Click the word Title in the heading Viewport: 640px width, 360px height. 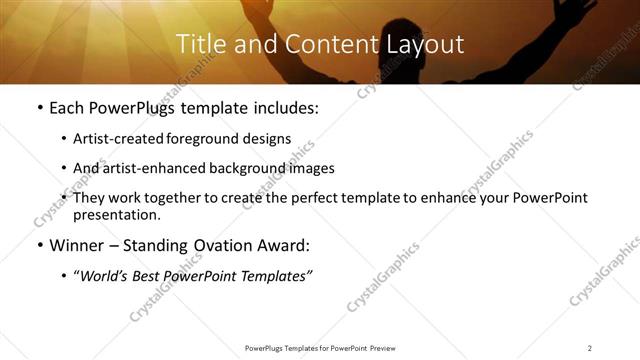[x=199, y=44]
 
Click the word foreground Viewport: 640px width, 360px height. [x=200, y=138]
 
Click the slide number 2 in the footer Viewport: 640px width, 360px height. [x=590, y=347]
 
